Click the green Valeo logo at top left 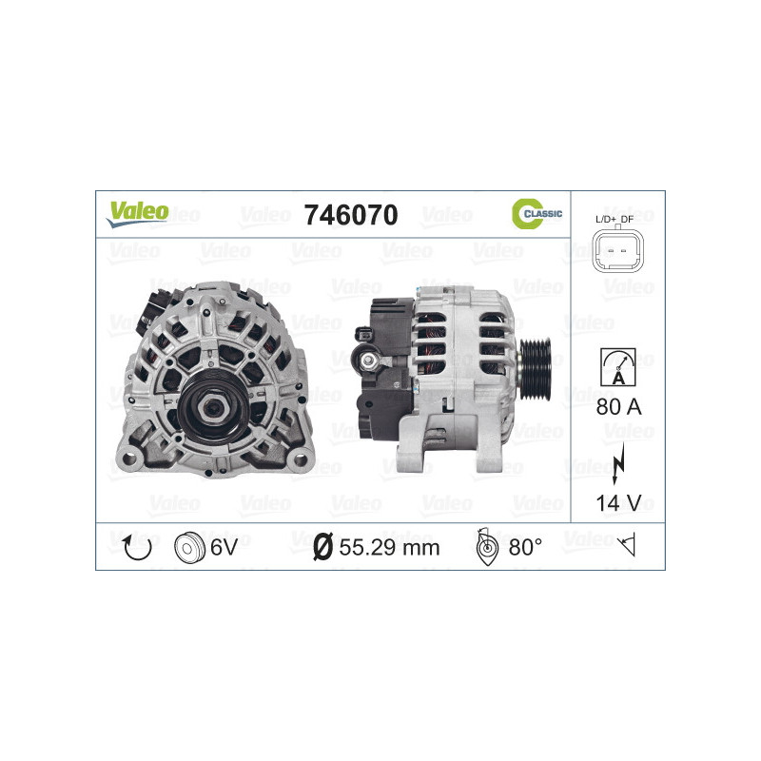tap(137, 213)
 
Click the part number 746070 tap(349, 215)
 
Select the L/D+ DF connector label tap(616, 219)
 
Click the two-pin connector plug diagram tap(616, 252)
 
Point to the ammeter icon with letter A tap(617, 365)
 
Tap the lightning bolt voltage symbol tap(617, 461)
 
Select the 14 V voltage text tap(617, 502)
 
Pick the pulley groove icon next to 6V tap(190, 547)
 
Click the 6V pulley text tap(225, 547)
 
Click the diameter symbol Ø tap(322, 547)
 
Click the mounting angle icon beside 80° tap(485, 547)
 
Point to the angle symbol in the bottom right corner tap(626, 546)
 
